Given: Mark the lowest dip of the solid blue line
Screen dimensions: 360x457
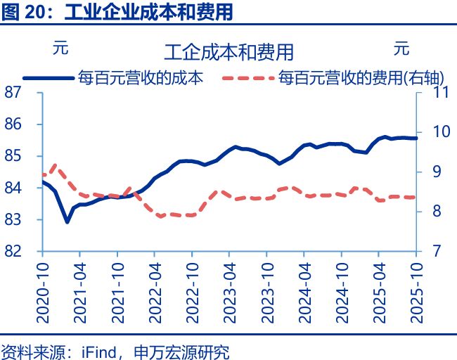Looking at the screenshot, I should pos(67,221).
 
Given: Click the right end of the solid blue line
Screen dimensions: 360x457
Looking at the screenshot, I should pos(416,139).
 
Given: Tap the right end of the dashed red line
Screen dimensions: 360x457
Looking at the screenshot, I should pos(416,198).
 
